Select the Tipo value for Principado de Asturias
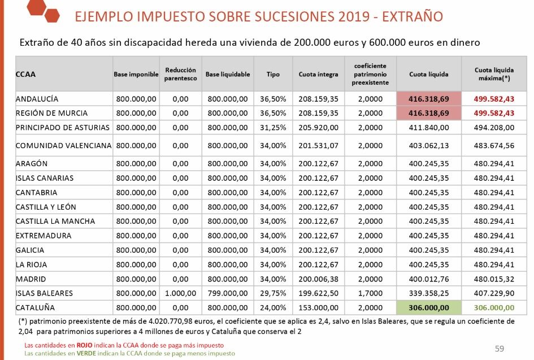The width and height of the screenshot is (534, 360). click(272, 127)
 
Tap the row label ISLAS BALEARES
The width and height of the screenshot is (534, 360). click(45, 293)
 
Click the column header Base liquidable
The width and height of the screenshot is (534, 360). click(227, 74)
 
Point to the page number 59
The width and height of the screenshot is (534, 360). click(499, 348)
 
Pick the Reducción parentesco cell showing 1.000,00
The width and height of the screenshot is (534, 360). click(180, 293)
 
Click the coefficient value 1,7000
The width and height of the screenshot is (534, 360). click(370, 293)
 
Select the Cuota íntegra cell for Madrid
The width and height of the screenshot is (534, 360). click(319, 279)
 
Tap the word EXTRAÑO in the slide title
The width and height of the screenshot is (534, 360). click(412, 16)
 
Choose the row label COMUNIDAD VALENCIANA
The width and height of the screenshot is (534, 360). click(63, 145)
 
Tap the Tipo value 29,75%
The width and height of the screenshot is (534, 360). click(272, 293)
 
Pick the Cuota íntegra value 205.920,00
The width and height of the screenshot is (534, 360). click(319, 127)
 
